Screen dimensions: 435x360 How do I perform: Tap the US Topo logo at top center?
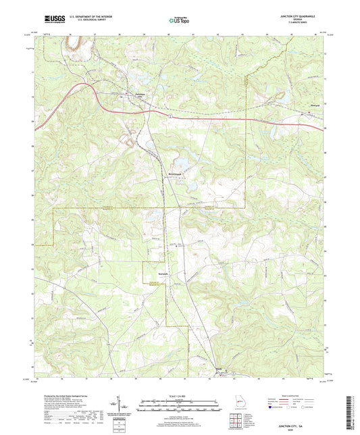click(x=179, y=21)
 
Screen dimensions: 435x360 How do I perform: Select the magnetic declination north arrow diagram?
click(x=119, y=405)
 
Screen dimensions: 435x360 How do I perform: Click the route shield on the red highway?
click(x=172, y=116)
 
